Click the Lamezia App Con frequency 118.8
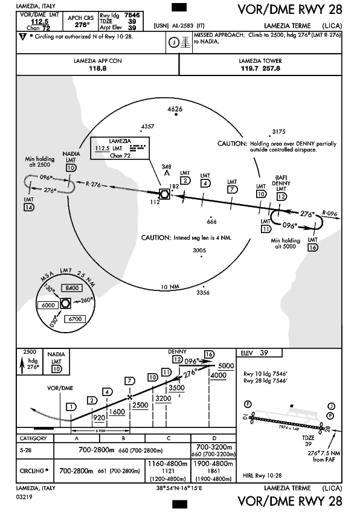pyautogui.click(x=98, y=69)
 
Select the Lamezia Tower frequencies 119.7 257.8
pyautogui.click(x=260, y=69)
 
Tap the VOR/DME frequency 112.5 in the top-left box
pyautogui.click(x=39, y=22)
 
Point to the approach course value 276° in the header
pyautogui.click(x=82, y=25)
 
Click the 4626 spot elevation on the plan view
pyautogui.click(x=175, y=109)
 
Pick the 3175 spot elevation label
pyautogui.click(x=278, y=132)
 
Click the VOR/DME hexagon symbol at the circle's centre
pyautogui.click(x=164, y=194)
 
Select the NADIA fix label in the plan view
pyautogui.click(x=71, y=154)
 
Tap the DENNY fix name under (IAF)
pyautogui.click(x=281, y=184)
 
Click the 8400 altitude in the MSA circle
pyautogui.click(x=72, y=288)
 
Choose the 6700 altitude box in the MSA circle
pyautogui.click(x=75, y=319)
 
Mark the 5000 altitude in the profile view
pyautogui.click(x=226, y=366)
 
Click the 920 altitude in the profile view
pyautogui.click(x=99, y=418)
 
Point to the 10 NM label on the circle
pyautogui.click(x=170, y=287)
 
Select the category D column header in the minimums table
pyautogui.click(x=214, y=438)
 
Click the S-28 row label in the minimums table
pyautogui.click(x=26, y=450)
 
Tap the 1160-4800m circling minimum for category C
pyautogui.click(x=167, y=464)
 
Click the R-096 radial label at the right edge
pyautogui.click(x=329, y=214)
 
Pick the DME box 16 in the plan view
pyautogui.click(x=313, y=248)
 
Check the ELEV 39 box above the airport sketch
pyautogui.click(x=259, y=353)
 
